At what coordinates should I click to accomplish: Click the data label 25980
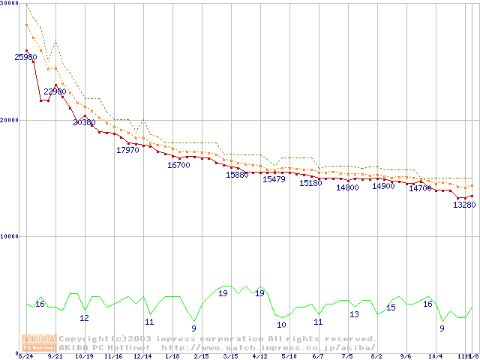pos(25,57)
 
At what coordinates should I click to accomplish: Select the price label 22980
pos(55,91)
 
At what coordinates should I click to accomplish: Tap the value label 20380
pos(85,121)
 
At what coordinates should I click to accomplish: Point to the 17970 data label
pos(127,150)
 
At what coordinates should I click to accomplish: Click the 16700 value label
pos(178,165)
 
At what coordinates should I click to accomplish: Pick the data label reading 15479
pos(274,179)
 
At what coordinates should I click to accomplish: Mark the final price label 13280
pos(464,205)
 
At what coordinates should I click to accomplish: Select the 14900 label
pos(383,186)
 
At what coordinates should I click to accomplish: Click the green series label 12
pos(84,318)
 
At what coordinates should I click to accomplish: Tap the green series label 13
pos(354,314)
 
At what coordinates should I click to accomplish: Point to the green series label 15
pos(391,307)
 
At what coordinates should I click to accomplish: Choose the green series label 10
pos(281,325)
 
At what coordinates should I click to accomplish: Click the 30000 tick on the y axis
pos(10,4)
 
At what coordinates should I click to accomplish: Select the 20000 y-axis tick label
pos(10,120)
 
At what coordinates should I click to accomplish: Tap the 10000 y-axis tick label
pos(10,236)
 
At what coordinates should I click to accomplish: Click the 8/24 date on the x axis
pos(25,356)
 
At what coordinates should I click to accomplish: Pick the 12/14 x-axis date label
pos(142,356)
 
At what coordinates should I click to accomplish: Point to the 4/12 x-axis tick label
pos(259,356)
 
